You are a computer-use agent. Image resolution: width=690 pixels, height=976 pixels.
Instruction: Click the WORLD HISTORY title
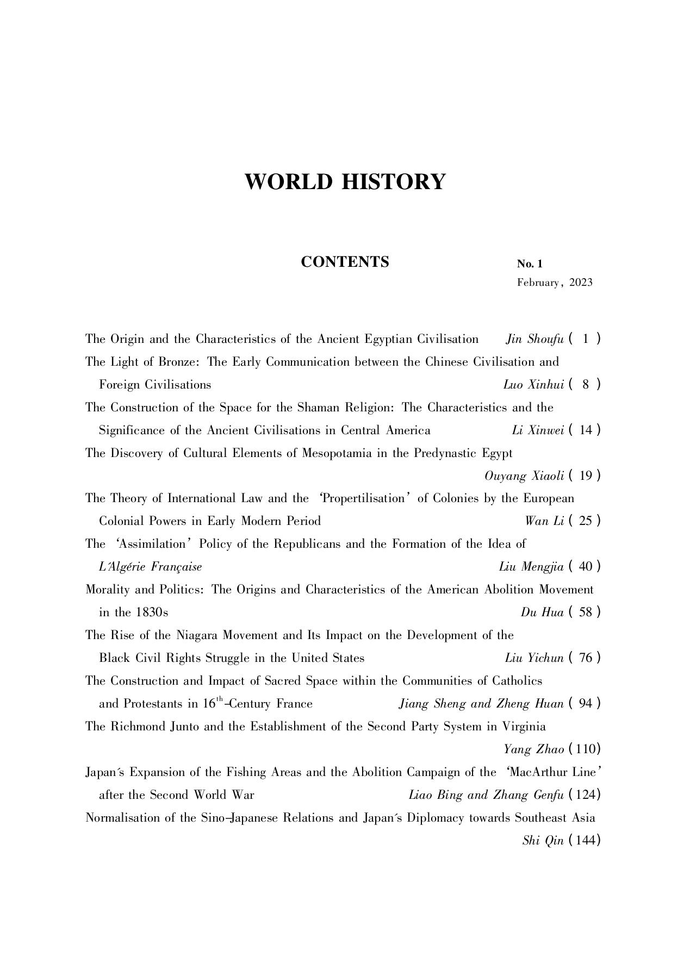345,182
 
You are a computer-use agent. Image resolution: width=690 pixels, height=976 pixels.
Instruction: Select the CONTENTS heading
345,262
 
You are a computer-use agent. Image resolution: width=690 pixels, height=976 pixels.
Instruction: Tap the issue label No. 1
530,264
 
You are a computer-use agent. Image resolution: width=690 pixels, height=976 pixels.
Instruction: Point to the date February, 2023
555,283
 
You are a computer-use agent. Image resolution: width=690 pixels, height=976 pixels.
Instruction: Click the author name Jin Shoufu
534,339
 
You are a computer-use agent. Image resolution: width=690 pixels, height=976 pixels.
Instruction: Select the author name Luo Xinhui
533,385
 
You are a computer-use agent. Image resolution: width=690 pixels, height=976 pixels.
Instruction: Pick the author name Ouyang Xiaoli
524,476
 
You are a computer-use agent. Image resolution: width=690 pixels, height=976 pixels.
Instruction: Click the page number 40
586,567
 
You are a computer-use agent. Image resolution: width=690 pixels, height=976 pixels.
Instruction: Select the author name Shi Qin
543,841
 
